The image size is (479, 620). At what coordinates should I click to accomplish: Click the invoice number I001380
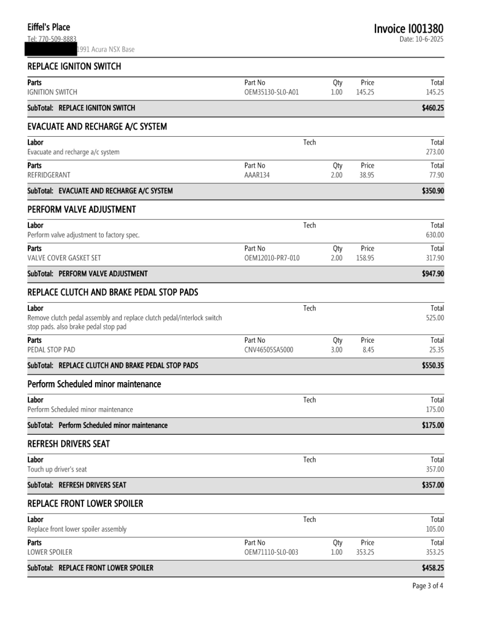click(408, 28)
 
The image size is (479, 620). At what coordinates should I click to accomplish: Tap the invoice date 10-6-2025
click(422, 39)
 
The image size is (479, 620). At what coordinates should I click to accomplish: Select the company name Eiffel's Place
click(48, 27)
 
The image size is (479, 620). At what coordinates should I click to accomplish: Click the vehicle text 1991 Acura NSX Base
click(106, 49)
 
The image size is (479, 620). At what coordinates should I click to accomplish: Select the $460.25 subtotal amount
click(433, 108)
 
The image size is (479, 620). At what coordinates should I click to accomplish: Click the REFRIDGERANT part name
click(49, 174)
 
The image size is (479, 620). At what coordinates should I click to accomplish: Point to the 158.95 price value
click(365, 257)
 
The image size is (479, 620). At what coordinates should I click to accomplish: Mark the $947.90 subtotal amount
click(433, 273)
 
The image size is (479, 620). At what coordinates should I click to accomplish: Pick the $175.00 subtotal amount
click(433, 425)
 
